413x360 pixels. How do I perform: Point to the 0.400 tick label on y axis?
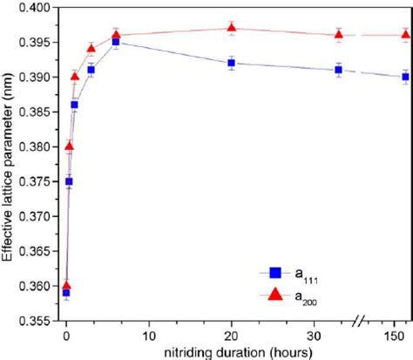click(35, 8)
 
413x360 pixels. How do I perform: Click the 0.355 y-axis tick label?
click(35, 321)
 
